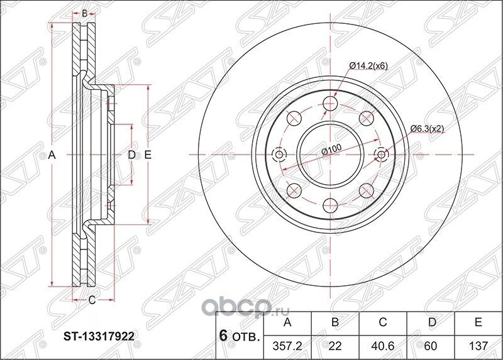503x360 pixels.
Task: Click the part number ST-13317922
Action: pyautogui.click(x=99, y=336)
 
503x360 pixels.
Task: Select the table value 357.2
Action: pyautogui.click(x=287, y=346)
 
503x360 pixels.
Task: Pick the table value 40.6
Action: pyautogui.click(x=383, y=346)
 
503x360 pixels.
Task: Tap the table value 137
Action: pyautogui.click(x=478, y=346)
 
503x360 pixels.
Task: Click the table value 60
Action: pyautogui.click(x=430, y=346)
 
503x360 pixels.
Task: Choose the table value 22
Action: pyautogui.click(x=335, y=346)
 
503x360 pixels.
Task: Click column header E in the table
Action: pyautogui.click(x=478, y=322)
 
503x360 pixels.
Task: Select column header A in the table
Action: pyautogui.click(x=287, y=322)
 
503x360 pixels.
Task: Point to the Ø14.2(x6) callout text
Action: pyautogui.click(x=368, y=66)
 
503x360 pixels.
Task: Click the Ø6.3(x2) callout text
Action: pyautogui.click(x=428, y=129)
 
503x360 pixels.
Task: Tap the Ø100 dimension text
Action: pyautogui.click(x=332, y=150)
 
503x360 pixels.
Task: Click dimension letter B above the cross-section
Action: pyautogui.click(x=84, y=13)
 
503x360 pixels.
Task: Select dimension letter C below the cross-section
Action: pyautogui.click(x=92, y=300)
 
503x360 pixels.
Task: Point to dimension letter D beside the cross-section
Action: pyautogui.click(x=132, y=155)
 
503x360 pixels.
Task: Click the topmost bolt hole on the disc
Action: pyautogui.click(x=331, y=104)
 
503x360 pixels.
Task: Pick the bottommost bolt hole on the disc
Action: pyautogui.click(x=331, y=205)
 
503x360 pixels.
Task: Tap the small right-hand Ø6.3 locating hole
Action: pyautogui.click(x=382, y=155)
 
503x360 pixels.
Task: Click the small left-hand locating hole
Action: pyautogui.click(x=279, y=155)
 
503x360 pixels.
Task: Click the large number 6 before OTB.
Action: pyautogui.click(x=224, y=335)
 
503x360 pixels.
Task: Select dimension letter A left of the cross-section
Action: pyautogui.click(x=52, y=155)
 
